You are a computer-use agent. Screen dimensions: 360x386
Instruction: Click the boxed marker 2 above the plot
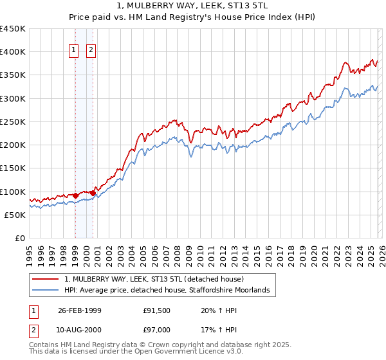(91, 51)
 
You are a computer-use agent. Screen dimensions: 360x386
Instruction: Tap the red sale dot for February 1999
(76, 195)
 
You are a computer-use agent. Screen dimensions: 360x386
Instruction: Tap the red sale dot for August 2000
(93, 193)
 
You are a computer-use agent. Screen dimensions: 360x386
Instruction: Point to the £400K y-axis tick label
(13, 52)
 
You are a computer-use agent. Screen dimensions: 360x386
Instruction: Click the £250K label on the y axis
(13, 122)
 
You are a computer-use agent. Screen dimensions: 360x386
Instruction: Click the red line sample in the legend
(46, 280)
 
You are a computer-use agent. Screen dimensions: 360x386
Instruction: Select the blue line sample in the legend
(46, 291)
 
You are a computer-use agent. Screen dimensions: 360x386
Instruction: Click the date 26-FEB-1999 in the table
(79, 310)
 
